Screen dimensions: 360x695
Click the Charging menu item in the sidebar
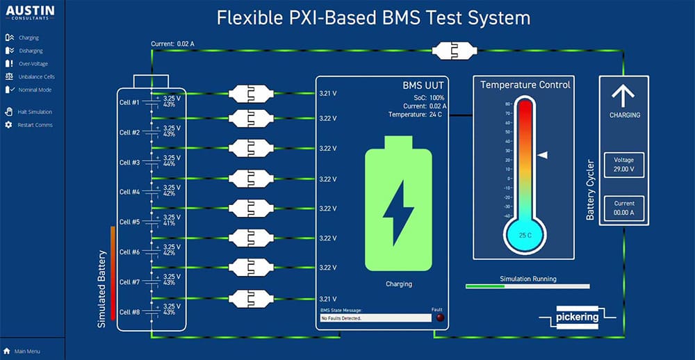tap(28, 38)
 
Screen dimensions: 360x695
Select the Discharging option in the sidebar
tap(30, 51)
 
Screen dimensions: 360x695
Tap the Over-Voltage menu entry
tap(32, 64)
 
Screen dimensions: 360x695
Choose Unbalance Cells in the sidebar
tap(36, 76)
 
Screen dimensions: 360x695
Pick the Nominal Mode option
tap(34, 90)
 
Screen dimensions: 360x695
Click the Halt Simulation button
tap(35, 112)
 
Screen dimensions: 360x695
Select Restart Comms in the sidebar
tap(34, 125)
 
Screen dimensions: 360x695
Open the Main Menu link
tap(27, 351)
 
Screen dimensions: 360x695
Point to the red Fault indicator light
tap(439, 318)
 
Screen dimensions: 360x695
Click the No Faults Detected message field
tap(375, 318)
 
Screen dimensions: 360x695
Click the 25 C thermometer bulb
tap(525, 234)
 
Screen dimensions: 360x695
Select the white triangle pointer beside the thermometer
tap(543, 155)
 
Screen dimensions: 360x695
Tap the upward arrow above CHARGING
tap(623, 96)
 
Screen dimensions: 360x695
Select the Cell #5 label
tap(130, 222)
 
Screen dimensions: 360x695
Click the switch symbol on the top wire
tap(452, 50)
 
